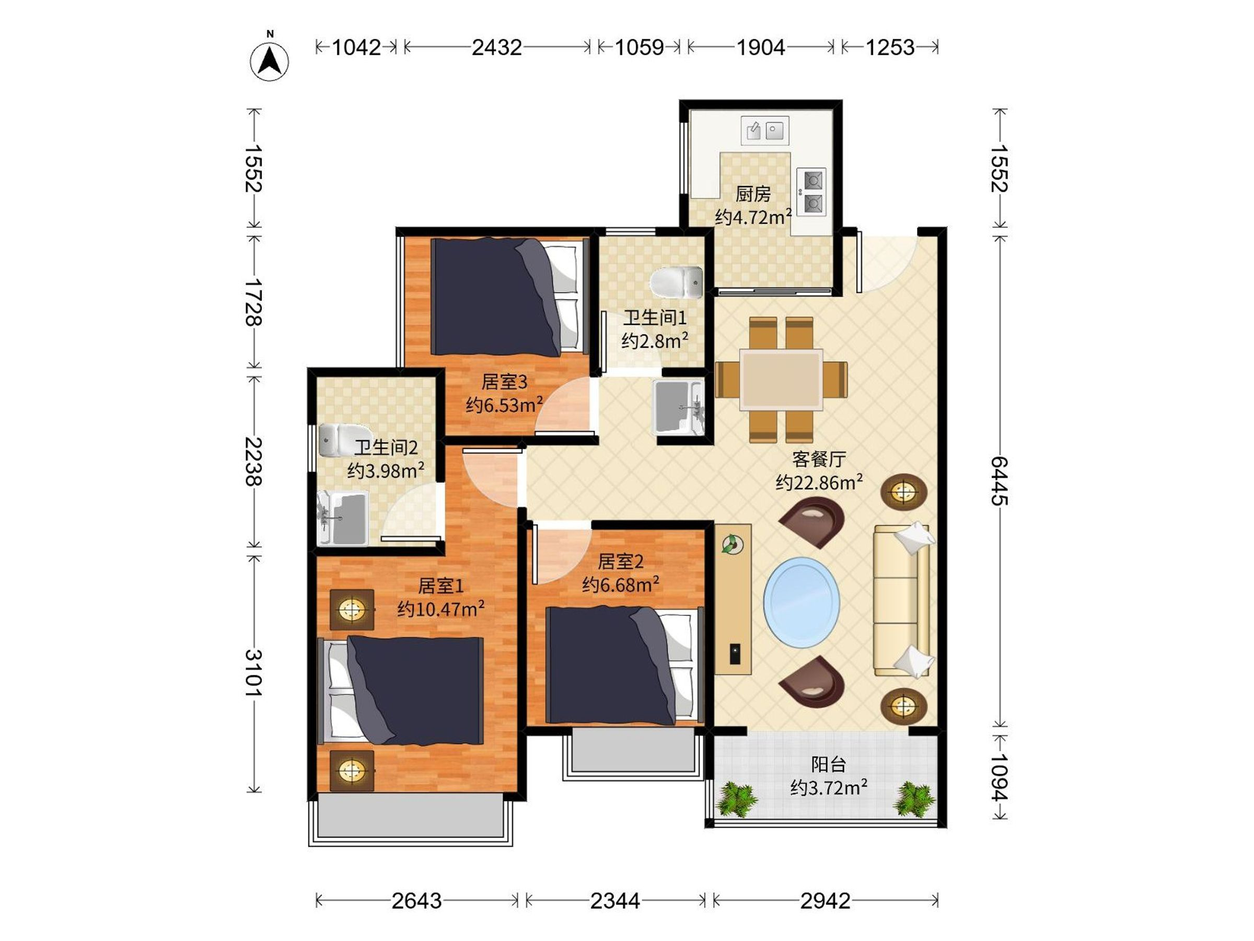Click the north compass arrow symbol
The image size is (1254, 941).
(269, 60)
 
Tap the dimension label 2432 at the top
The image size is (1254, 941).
(496, 47)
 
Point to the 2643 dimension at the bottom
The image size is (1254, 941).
(416, 900)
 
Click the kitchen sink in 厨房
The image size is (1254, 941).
(765, 131)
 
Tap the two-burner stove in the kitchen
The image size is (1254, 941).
(811, 191)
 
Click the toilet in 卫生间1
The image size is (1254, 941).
(676, 282)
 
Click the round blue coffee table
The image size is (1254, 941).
(802, 602)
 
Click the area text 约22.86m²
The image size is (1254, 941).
(819, 482)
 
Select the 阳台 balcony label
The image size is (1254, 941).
(828, 764)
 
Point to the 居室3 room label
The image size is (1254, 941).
(504, 381)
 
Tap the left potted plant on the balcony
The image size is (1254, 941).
(736, 799)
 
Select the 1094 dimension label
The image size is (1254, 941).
(999, 776)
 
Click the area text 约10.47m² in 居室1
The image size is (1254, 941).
(440, 608)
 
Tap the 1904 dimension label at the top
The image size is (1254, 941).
(760, 47)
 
